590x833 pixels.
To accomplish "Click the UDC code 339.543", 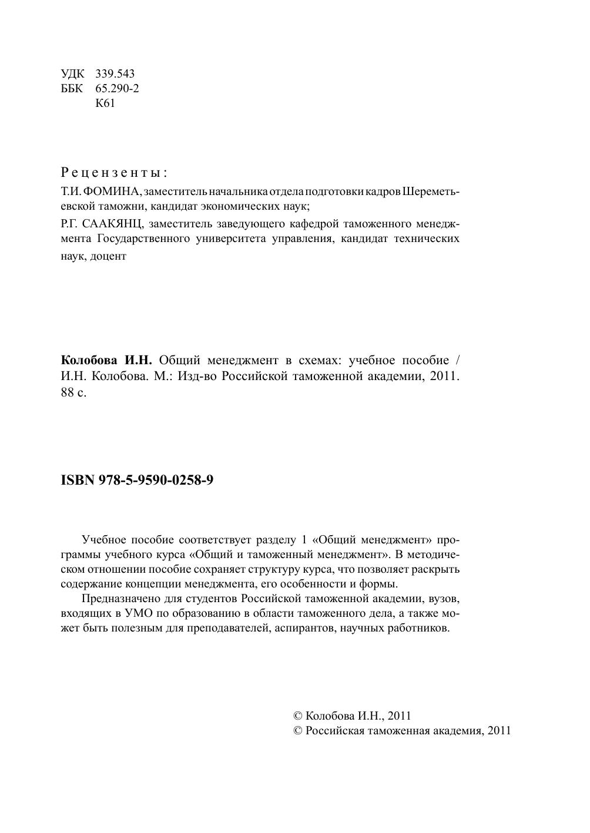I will tap(115, 74).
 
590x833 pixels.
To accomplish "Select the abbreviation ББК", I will tap(72, 89).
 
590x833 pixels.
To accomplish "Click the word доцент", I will tap(109, 257).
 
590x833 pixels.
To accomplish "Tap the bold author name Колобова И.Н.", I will tap(106, 361).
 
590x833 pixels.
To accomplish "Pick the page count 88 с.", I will tap(73, 393).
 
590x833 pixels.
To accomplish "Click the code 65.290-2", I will tap(117, 89).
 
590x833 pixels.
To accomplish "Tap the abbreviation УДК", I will tap(72, 74).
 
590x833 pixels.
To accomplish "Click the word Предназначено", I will tap(122, 599).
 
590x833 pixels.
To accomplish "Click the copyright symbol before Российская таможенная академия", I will tap(297, 731).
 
